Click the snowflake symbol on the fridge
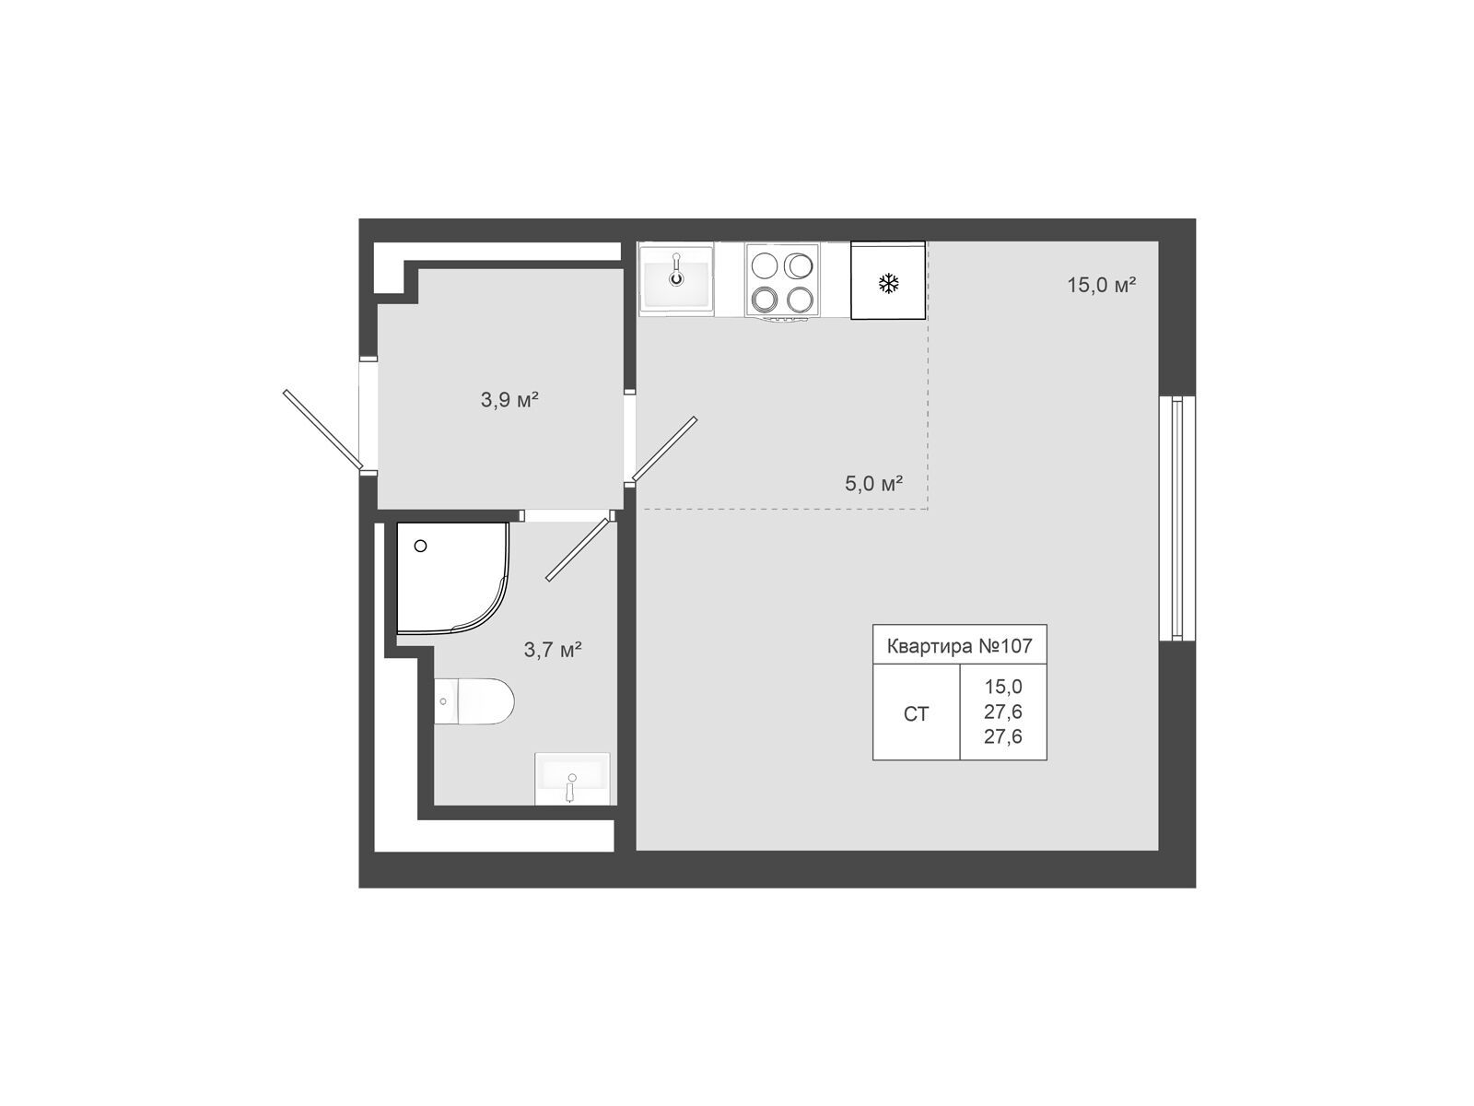point(888,283)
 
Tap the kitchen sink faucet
point(675,270)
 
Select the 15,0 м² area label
point(1101,285)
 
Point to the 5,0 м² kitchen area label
point(873,483)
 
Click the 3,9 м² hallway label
point(509,400)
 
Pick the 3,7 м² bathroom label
point(552,650)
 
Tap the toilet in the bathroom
point(474,701)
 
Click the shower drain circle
point(420,546)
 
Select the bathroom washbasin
point(572,778)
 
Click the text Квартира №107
point(959,646)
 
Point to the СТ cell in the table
point(916,713)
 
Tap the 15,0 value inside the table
point(1003,687)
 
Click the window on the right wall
point(1176,518)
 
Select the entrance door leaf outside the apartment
point(322,429)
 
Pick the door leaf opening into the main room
point(664,449)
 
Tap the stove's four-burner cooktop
point(781,281)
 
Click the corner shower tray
point(452,578)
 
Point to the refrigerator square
point(888,280)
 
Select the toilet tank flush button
point(443,701)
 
